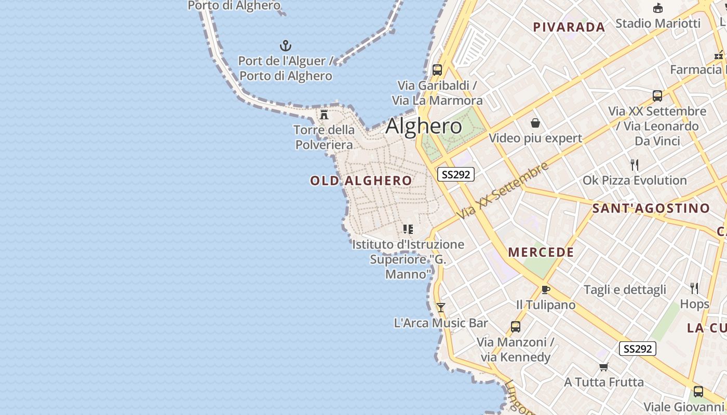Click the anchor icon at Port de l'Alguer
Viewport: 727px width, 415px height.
pos(285,45)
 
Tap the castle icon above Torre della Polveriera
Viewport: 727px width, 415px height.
pos(324,114)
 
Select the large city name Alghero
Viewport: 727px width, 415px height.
pos(424,126)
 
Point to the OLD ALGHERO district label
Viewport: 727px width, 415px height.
pos(361,181)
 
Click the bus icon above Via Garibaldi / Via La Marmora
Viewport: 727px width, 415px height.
pos(437,70)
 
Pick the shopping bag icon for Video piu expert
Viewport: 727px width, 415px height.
pos(535,123)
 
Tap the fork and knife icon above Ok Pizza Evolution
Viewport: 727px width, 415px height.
pos(634,165)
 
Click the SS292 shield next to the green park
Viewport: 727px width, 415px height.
pos(456,174)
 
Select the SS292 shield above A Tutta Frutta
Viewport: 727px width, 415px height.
pos(638,349)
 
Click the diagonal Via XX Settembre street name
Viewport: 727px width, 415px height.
pos(503,190)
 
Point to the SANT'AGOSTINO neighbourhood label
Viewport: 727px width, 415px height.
pos(651,209)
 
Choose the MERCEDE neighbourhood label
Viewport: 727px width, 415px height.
pos(541,253)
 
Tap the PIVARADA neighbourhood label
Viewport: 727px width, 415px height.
pos(569,27)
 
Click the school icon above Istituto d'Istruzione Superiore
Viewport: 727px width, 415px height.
pos(408,229)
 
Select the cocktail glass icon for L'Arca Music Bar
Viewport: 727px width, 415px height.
pos(441,308)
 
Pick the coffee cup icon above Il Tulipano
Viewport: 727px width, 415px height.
pos(545,289)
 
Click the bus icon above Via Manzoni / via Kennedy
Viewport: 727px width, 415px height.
pos(516,327)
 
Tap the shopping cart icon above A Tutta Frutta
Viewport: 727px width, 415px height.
pos(603,367)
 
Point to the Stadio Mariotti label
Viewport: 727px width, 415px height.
pos(658,23)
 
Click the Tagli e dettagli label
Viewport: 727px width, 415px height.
pos(625,289)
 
